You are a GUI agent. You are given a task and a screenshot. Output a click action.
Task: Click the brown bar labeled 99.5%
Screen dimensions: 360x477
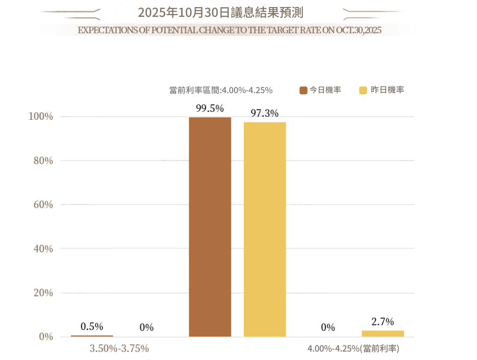click(210, 227)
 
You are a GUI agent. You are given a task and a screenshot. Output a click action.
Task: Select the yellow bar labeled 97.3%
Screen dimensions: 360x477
click(264, 229)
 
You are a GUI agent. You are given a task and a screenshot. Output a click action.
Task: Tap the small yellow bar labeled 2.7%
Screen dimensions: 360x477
click(382, 333)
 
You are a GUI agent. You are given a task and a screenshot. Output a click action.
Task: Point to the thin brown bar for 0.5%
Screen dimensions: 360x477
click(92, 336)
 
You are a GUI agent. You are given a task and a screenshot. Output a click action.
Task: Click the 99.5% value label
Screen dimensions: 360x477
click(210, 108)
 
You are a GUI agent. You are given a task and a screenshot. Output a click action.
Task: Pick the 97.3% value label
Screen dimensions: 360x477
click(264, 113)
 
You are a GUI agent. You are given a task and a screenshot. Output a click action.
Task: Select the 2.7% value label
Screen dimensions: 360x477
click(382, 322)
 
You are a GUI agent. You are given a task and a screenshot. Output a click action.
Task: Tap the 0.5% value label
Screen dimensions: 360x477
click(92, 326)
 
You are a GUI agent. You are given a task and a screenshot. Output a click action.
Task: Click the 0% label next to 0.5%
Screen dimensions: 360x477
click(147, 327)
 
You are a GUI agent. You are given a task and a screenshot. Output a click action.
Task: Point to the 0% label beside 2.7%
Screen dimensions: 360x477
click(328, 327)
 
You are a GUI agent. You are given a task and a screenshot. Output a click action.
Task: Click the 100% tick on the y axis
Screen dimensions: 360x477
click(41, 117)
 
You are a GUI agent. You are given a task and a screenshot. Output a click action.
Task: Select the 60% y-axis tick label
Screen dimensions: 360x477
click(43, 205)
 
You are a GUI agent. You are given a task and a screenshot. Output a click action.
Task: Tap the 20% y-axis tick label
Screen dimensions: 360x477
click(43, 293)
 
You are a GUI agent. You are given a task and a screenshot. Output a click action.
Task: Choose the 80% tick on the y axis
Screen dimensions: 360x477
click(43, 161)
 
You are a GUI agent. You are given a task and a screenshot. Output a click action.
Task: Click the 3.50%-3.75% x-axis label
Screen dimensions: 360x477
click(119, 348)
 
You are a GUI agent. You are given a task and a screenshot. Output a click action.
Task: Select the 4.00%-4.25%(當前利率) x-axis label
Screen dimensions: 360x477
click(353, 349)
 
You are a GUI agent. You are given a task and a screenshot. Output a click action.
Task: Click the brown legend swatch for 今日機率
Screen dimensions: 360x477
click(303, 90)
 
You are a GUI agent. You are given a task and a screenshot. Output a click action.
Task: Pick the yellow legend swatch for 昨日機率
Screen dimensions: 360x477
click(363, 90)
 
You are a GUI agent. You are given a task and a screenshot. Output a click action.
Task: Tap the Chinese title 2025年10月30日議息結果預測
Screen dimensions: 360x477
click(220, 12)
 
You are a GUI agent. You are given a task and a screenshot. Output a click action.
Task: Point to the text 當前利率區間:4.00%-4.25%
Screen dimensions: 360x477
click(220, 90)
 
